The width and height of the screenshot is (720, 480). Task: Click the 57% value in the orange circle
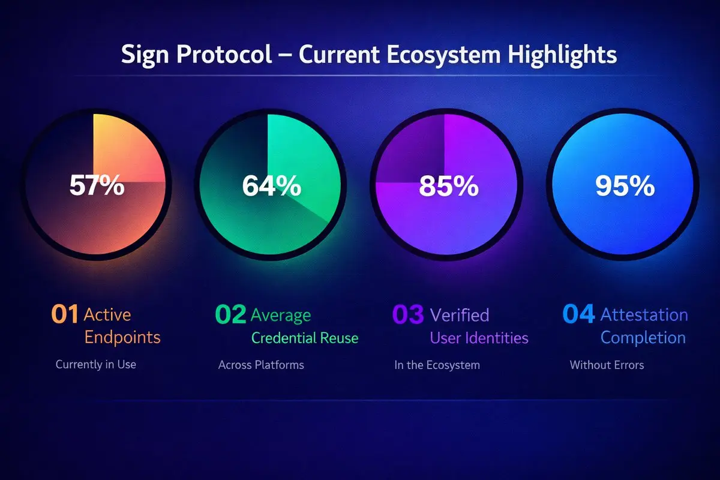(97, 185)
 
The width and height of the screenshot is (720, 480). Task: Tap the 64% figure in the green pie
(272, 185)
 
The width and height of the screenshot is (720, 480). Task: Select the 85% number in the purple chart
(449, 186)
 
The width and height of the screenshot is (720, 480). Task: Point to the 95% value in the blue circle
(625, 186)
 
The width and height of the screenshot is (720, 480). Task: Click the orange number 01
(65, 314)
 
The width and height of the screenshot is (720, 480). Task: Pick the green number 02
(231, 314)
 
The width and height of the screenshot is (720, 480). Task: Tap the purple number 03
(408, 314)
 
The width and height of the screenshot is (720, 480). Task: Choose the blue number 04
(579, 314)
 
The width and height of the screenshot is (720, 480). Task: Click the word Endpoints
(122, 338)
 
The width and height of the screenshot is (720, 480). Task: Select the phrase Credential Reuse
(305, 338)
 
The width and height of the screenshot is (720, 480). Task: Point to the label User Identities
(479, 338)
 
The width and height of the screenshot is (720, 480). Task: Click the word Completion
(643, 338)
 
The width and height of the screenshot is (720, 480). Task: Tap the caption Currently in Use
(96, 365)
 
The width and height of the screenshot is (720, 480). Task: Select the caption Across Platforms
(261, 365)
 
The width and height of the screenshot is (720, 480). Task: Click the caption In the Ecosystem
(437, 365)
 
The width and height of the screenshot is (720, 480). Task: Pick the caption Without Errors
(607, 365)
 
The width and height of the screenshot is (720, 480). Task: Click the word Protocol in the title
(224, 54)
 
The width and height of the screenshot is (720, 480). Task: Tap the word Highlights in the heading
(562, 55)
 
